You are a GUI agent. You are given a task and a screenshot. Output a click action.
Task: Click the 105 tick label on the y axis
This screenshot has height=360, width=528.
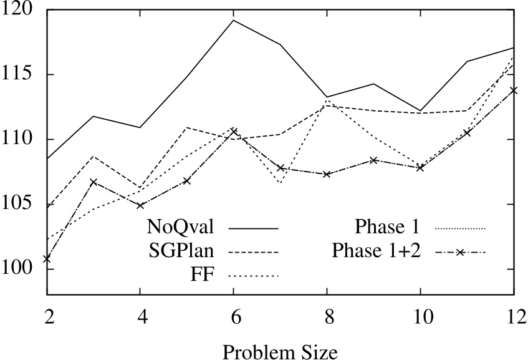(24, 205)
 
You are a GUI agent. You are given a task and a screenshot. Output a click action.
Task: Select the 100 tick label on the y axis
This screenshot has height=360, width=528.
(24, 270)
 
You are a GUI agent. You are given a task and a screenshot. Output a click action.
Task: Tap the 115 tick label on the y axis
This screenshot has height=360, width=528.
(24, 75)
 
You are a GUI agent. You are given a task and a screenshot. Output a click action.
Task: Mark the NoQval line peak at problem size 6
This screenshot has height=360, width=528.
(233, 20)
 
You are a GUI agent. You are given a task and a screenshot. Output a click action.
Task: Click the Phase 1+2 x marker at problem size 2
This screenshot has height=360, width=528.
(47, 258)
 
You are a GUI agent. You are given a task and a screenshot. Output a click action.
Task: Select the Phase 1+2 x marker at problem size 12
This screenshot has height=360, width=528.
(513, 90)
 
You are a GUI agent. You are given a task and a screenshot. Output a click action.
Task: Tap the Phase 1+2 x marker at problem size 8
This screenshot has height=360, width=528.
(327, 174)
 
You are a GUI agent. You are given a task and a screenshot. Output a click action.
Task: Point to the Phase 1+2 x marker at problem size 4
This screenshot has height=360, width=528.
(140, 205)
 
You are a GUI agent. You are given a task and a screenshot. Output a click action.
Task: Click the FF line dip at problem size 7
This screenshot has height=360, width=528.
(280, 183)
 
